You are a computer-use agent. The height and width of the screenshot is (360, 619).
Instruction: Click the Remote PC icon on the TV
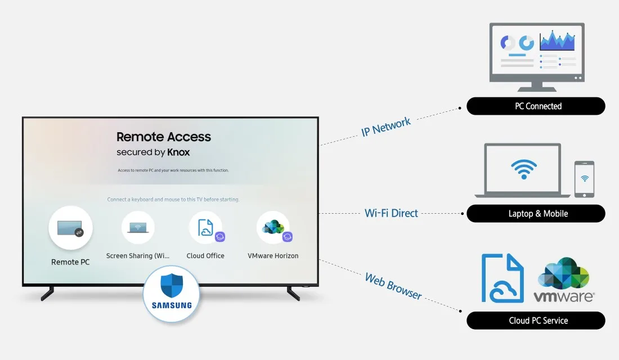tap(70, 228)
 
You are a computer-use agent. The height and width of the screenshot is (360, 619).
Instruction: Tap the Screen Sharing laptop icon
tap(138, 227)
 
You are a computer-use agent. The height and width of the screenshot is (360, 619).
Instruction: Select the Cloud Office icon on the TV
tap(205, 227)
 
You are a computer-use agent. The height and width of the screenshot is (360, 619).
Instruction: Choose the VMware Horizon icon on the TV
tap(273, 227)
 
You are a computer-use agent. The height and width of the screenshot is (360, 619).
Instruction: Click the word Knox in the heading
tap(178, 152)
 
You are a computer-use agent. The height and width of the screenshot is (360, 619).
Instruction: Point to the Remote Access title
tap(163, 137)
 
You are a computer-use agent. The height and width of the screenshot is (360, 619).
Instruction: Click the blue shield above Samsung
tap(172, 286)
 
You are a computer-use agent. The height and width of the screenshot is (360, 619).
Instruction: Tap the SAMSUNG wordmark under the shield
tap(172, 305)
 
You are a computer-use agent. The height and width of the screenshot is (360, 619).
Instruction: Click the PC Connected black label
tap(536, 106)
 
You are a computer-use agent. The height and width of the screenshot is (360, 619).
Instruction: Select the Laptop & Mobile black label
tap(536, 214)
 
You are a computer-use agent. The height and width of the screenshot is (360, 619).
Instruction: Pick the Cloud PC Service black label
tap(536, 321)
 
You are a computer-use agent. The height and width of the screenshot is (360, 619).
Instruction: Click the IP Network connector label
tap(385, 127)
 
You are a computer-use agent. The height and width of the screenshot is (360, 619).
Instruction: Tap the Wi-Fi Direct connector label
tap(391, 213)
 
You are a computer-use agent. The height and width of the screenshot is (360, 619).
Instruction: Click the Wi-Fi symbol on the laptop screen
tap(523, 169)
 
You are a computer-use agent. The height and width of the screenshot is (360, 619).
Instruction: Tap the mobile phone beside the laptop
tap(584, 179)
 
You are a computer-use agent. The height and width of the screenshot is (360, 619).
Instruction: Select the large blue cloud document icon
tap(503, 278)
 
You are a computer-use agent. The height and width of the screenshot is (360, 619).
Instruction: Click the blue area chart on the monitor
tap(557, 40)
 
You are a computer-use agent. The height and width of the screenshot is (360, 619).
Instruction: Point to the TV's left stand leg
tap(47, 293)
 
